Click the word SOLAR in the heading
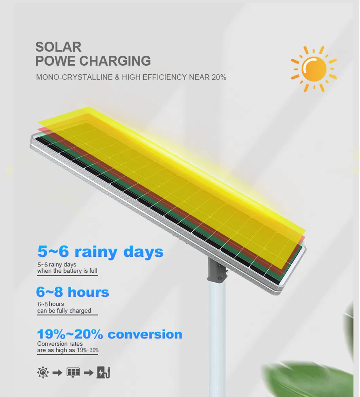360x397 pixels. [x=58, y=47]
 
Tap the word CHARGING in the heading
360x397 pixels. [x=115, y=61]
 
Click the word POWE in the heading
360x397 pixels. [x=55, y=61]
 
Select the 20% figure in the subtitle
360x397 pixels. [x=218, y=77]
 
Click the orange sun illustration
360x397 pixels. [x=314, y=69]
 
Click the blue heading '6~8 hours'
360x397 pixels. [x=73, y=292]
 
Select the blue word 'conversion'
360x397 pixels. [x=145, y=334]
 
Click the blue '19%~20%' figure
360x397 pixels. [x=70, y=334]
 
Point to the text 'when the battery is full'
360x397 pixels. [x=67, y=271]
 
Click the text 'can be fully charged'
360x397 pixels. [x=64, y=311]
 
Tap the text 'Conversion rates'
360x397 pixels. [x=60, y=344]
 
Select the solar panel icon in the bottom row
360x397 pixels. [x=73, y=373]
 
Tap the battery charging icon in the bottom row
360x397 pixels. [x=104, y=373]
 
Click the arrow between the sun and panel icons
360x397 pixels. [x=58, y=373]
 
